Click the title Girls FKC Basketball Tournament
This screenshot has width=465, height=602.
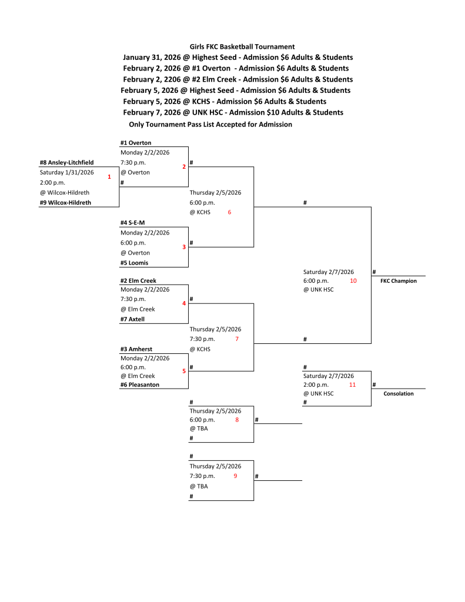242,46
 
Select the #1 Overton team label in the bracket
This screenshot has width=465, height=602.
136,143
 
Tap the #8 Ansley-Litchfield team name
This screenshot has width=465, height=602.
66,162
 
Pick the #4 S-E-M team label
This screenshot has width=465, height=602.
132,223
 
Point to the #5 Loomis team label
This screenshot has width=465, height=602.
134,263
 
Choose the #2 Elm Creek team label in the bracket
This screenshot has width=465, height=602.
138,280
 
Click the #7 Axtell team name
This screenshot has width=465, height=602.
132,319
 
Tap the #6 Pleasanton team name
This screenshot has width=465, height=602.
139,384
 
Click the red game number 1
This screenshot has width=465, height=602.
109,176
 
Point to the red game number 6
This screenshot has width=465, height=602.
229,212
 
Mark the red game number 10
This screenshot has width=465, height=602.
353,281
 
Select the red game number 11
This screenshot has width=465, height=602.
353,384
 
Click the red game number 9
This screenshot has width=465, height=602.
235,476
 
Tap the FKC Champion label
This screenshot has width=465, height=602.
398,281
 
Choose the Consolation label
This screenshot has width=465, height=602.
398,393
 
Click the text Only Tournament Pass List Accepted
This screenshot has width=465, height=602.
210,125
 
